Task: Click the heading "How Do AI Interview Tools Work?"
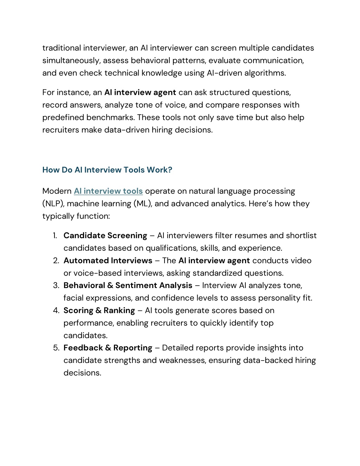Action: pos(107,170)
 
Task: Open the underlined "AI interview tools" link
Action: pos(108,191)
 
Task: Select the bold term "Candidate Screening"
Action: pos(105,236)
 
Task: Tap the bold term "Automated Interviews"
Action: pos(108,261)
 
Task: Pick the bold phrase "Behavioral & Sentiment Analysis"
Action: pos(128,285)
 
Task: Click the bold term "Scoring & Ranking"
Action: pos(99,311)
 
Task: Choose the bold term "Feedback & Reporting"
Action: pos(108,348)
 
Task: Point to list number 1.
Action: pos(55,236)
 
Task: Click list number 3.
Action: pos(56,285)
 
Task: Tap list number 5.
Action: pos(56,348)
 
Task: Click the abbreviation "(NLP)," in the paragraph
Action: pos(53,204)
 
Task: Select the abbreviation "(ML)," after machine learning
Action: pos(143,204)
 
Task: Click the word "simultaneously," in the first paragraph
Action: pos(71,60)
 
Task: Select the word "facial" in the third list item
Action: pos(73,298)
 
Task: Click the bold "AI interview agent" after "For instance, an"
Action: pos(140,92)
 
